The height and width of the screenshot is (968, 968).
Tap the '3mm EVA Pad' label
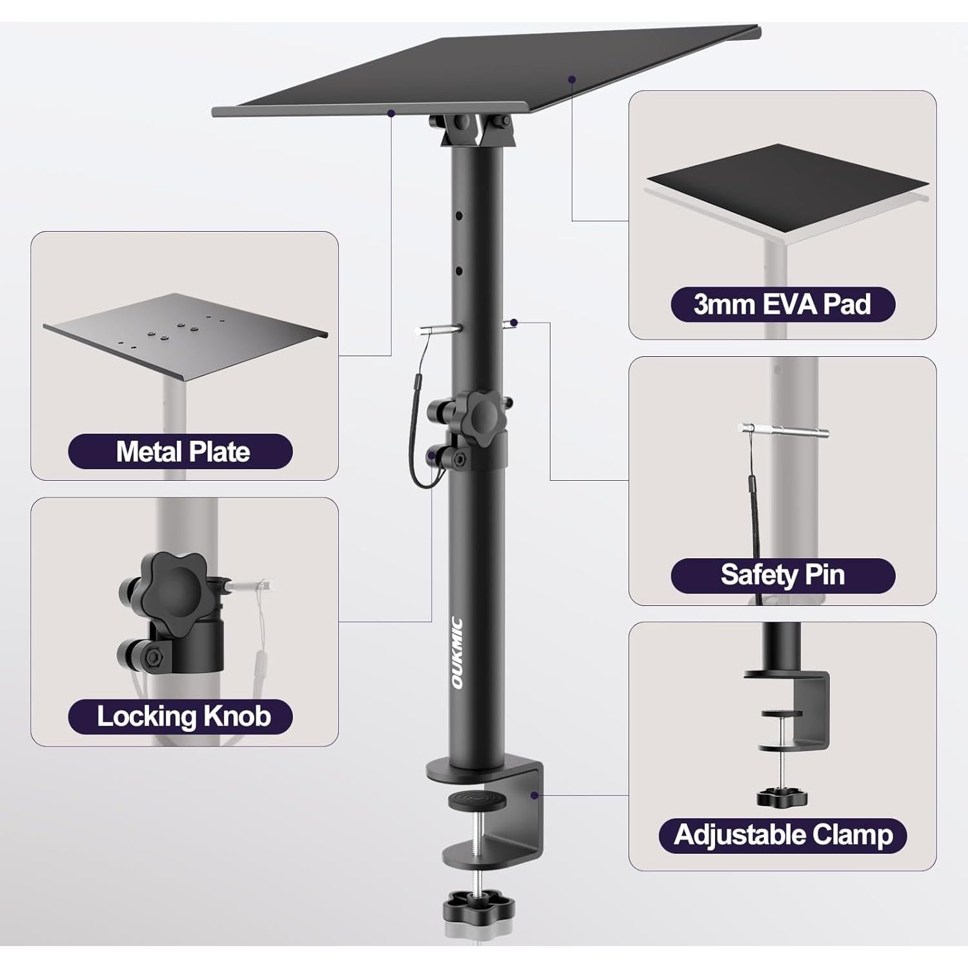(782, 305)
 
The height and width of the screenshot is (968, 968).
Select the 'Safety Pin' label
(782, 575)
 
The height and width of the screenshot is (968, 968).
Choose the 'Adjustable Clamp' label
(782, 835)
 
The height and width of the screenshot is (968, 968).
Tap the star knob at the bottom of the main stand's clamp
(478, 908)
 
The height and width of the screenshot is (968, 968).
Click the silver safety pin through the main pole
(439, 329)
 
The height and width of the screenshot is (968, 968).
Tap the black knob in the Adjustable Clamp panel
(782, 798)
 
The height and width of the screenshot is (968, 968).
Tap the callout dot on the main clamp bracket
(534, 795)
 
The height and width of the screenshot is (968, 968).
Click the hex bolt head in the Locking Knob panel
(153, 657)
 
